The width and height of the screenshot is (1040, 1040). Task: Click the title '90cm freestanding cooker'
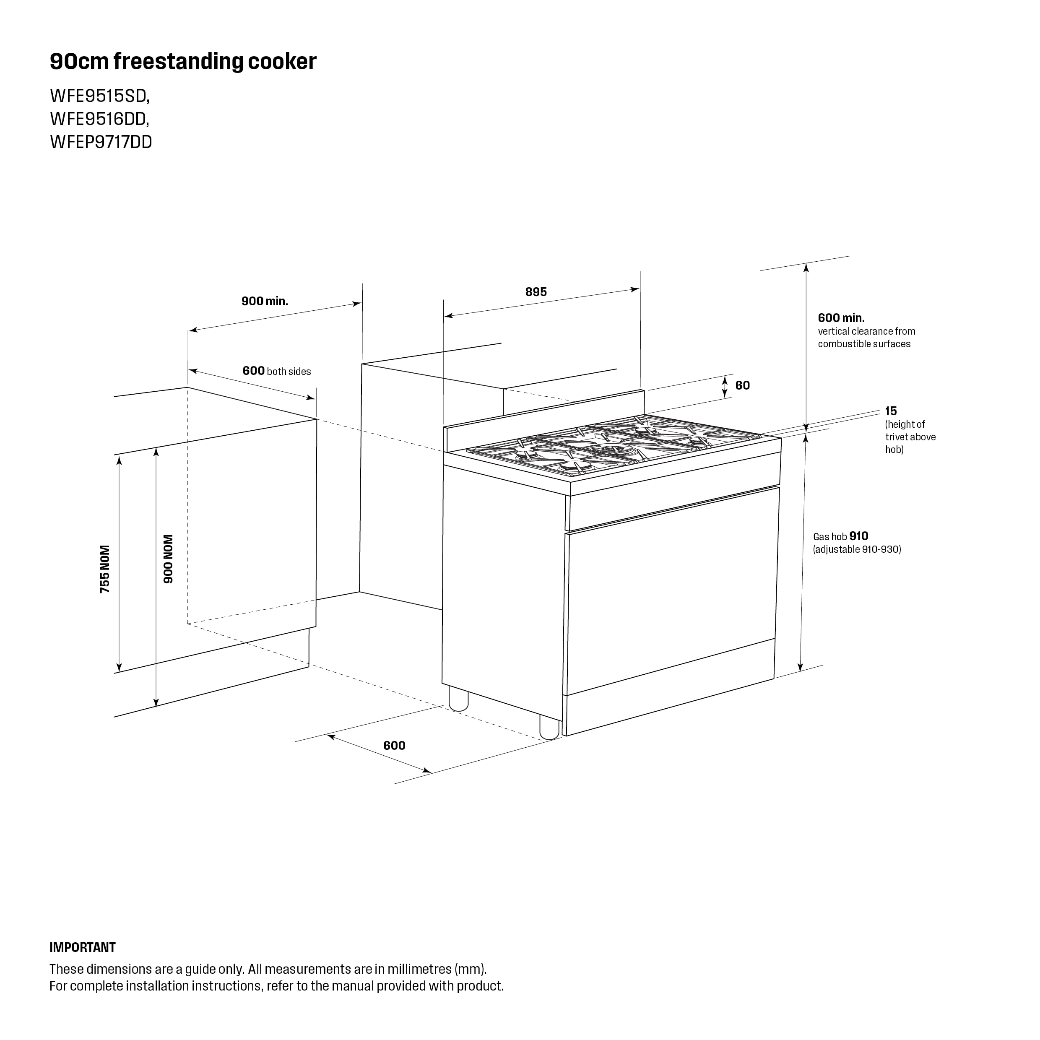point(183,62)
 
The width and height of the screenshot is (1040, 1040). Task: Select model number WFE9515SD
point(99,96)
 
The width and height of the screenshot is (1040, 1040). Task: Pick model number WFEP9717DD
point(101,142)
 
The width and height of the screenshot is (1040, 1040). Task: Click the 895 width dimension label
point(536,292)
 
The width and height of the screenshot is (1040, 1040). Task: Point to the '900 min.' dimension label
point(265,301)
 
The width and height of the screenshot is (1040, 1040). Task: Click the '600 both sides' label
point(277,371)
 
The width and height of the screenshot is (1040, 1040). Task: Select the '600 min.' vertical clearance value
point(841,318)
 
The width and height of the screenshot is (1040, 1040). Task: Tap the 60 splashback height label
point(742,385)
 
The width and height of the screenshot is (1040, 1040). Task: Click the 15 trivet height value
point(891,411)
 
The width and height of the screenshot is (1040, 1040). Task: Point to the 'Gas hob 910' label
point(841,536)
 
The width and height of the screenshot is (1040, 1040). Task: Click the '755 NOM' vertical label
point(105,569)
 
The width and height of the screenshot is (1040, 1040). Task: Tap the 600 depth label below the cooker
point(395,746)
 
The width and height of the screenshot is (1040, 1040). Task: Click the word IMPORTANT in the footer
point(82,947)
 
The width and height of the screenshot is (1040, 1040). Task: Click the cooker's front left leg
point(549,726)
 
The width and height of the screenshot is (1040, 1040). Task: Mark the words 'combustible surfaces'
point(865,344)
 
